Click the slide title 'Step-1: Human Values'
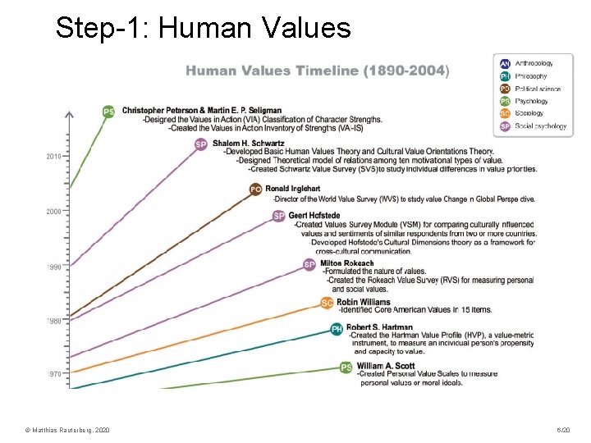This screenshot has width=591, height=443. coord(203,29)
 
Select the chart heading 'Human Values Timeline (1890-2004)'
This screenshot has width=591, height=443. coord(317,71)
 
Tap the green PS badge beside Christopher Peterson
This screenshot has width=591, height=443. coord(108,112)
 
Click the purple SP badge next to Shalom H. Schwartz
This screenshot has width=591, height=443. coord(201,144)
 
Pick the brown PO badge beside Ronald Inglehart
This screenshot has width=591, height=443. coord(255,190)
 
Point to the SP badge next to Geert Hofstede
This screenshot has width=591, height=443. coord(279,216)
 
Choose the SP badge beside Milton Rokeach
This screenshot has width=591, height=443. coord(309,264)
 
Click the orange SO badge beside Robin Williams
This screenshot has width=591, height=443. coord(327,303)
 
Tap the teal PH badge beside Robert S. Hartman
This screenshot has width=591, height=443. coord(337,328)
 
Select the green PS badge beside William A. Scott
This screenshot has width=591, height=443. coord(346,367)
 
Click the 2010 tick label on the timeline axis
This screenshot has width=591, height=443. coord(54,156)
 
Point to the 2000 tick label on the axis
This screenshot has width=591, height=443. coord(54,211)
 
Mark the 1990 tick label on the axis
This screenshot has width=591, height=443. coord(54,267)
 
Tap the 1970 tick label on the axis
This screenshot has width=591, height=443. coord(54,373)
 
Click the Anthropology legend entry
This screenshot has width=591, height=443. coord(533,63)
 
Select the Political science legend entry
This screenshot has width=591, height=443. coord(538,89)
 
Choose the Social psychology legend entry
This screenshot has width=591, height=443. coord(540,126)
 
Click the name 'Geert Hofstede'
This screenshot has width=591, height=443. coord(314,216)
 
